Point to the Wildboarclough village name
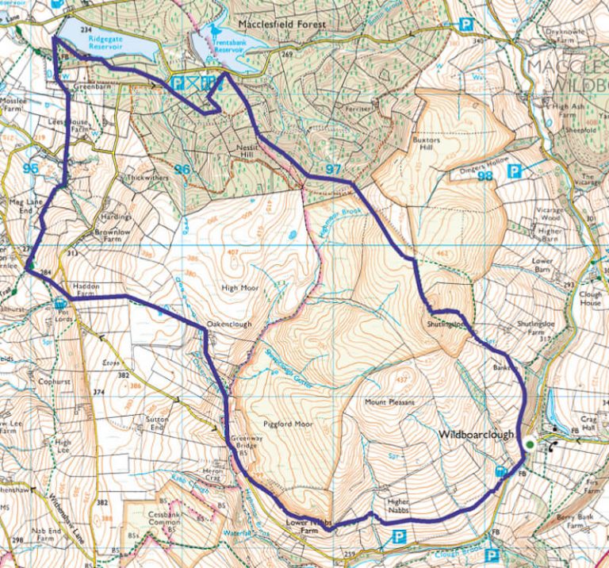[x=477, y=436]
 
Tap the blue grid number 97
[x=333, y=170]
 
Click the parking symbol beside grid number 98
[x=514, y=171]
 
